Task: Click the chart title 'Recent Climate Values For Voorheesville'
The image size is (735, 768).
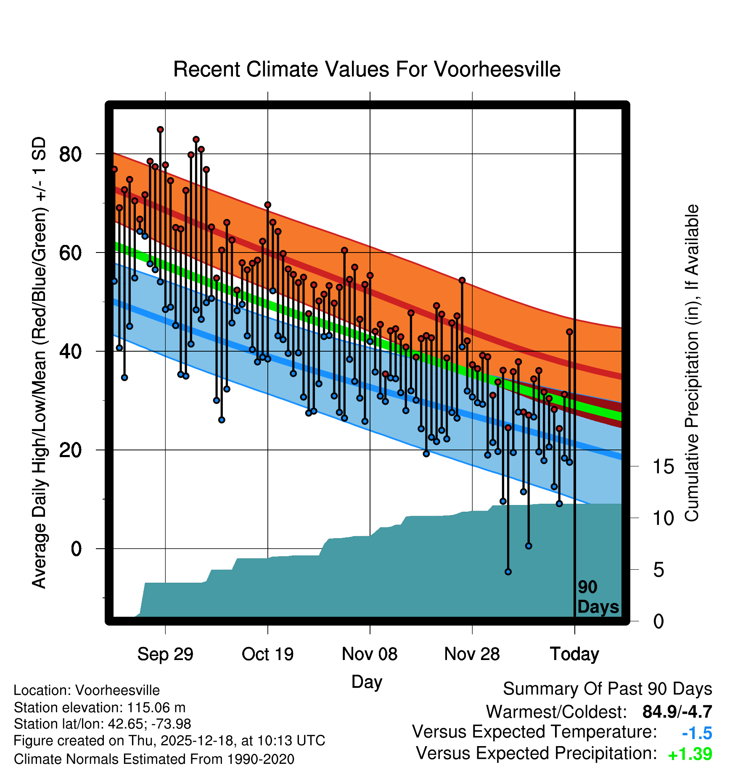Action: (367, 69)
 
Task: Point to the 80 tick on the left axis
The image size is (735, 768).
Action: (70, 155)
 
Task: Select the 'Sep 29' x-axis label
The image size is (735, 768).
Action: (165, 654)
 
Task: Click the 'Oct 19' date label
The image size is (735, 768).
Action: (267, 654)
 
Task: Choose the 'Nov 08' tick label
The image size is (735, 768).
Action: (370, 654)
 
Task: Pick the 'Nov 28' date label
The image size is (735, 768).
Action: (472, 654)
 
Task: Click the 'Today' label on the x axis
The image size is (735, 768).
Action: (574, 654)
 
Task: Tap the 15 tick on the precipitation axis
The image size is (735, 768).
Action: (663, 467)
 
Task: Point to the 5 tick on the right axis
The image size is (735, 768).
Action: (658, 570)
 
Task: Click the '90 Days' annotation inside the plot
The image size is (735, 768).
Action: (598, 597)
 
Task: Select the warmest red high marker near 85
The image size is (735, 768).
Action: (160, 129)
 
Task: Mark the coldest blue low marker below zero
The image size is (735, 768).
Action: (508, 572)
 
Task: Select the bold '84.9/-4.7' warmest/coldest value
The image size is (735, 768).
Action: (677, 712)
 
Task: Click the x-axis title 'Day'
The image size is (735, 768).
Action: (367, 681)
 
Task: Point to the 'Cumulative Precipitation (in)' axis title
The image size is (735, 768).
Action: (692, 363)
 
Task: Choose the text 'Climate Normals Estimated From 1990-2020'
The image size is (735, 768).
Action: (154, 759)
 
